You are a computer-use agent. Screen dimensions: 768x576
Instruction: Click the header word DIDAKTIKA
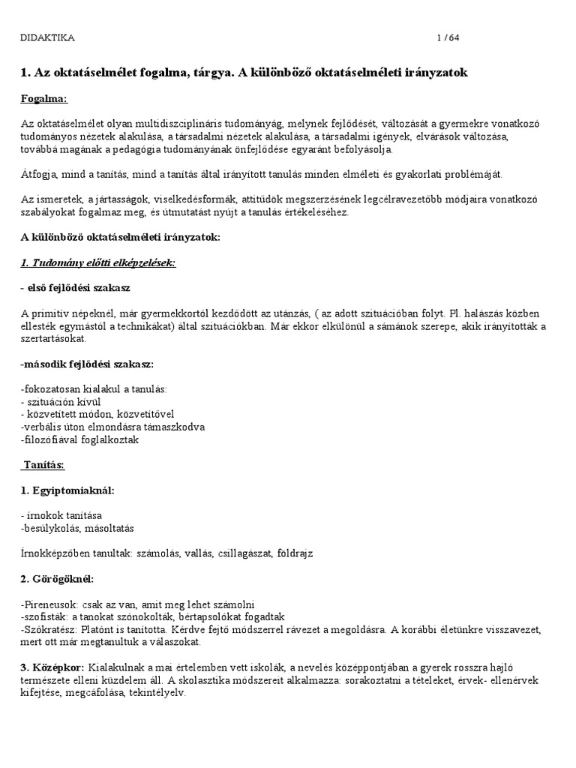[x=47, y=37]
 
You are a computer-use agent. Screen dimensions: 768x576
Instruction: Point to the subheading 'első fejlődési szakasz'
[x=80, y=288]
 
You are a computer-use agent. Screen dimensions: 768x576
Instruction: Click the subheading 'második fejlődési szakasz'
[x=87, y=364]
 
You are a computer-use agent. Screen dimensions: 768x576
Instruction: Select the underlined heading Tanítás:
[x=43, y=466]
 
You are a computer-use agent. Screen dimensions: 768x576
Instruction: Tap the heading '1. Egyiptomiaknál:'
[x=67, y=490]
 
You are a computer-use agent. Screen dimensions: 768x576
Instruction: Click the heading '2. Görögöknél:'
[x=57, y=579]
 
